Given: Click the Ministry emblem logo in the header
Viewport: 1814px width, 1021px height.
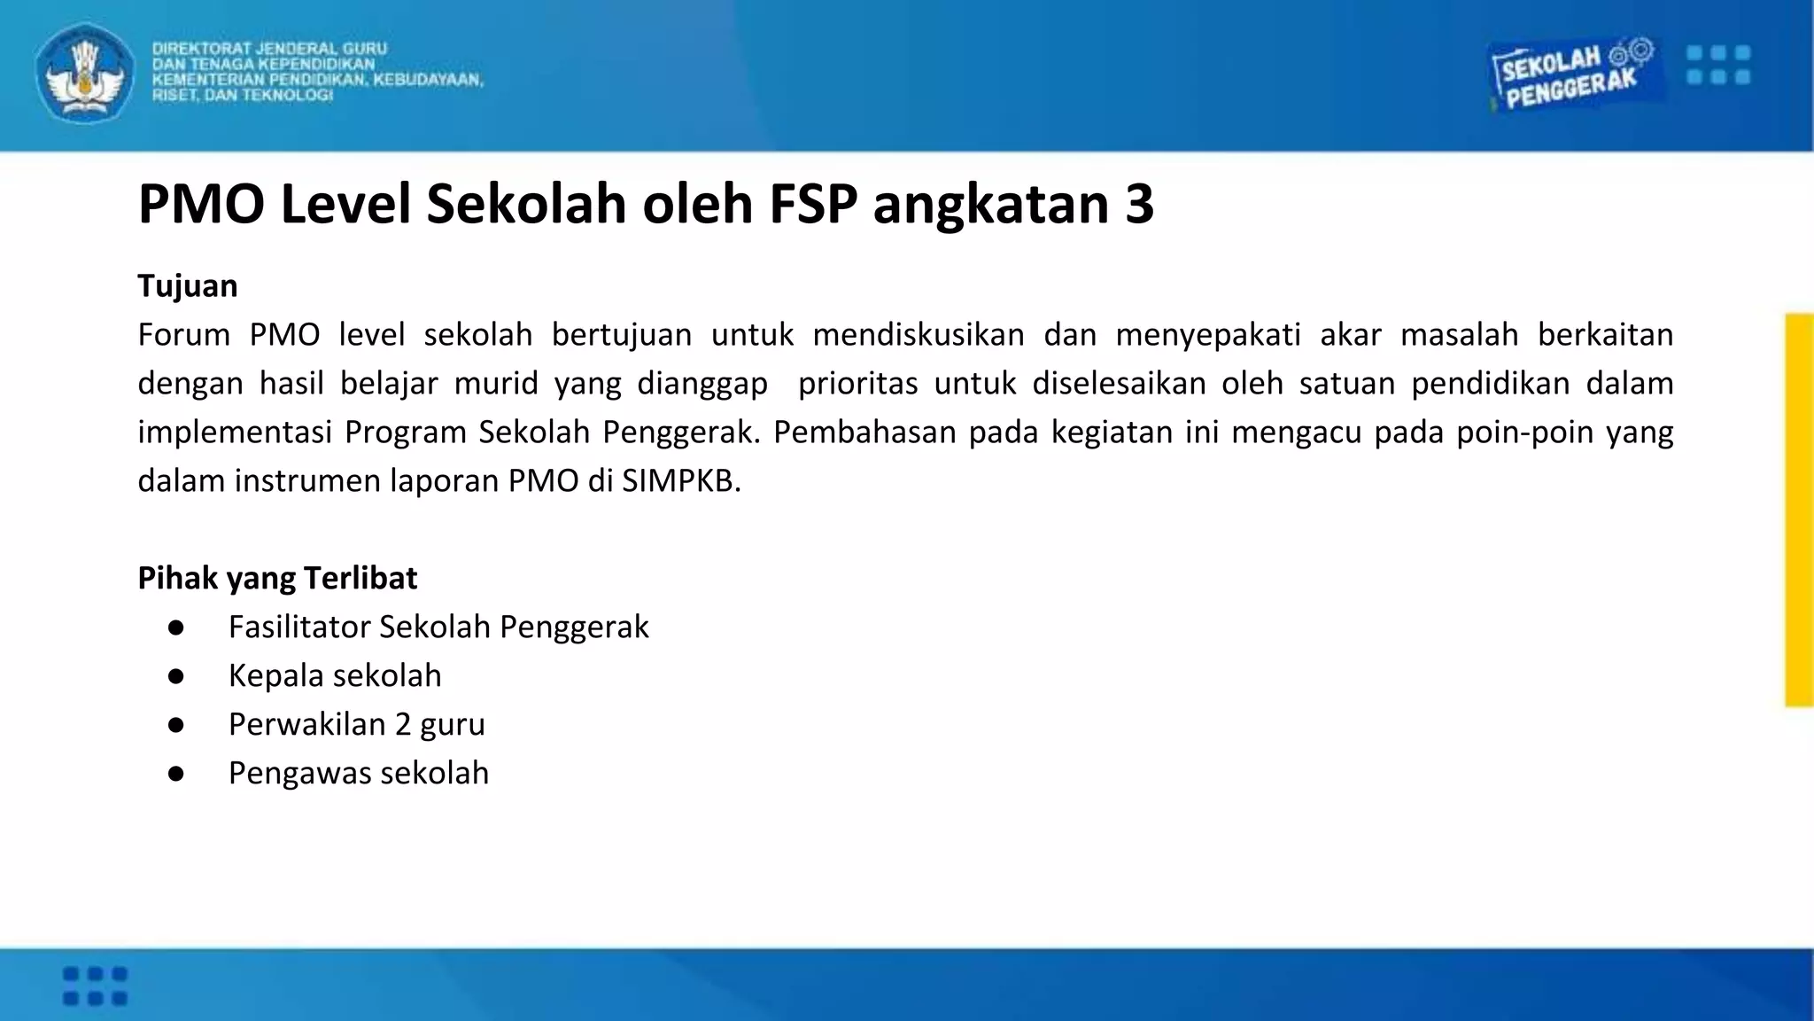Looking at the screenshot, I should (x=85, y=73).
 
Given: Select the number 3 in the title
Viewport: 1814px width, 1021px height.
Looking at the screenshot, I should (x=1140, y=204).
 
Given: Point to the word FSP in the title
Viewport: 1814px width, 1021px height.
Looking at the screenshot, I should (x=813, y=204).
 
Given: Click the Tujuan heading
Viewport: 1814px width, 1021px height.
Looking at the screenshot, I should (x=188, y=286).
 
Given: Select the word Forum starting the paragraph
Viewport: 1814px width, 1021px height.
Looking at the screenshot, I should (x=183, y=335).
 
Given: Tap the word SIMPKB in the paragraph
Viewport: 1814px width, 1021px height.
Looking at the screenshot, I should (x=680, y=480).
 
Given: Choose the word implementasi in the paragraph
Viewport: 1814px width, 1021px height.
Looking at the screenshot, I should (x=233, y=433).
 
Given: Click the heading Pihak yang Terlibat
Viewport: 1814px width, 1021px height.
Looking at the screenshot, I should (x=277, y=578).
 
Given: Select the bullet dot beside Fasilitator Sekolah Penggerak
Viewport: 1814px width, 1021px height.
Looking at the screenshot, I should (x=175, y=627).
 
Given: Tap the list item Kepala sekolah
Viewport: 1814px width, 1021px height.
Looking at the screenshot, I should (x=335, y=676).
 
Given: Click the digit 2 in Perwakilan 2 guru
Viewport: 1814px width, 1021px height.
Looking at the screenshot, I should (x=403, y=725).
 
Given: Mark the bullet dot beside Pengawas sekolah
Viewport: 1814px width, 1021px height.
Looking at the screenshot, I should (x=175, y=774).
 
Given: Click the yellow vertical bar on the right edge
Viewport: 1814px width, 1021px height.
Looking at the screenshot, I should (x=1799, y=510).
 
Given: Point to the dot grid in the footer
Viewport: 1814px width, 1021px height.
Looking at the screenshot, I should (x=95, y=986).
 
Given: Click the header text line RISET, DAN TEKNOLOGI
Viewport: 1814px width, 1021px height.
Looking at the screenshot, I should (x=243, y=96).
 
